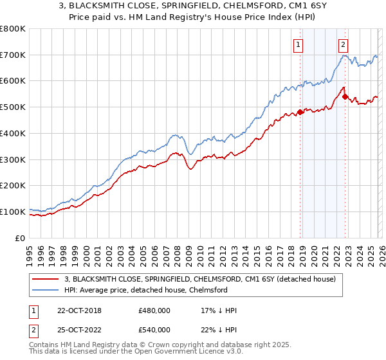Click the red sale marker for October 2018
[300, 113]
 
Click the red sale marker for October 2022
[345, 97]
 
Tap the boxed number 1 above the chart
[300, 44]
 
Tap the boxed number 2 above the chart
[344, 44]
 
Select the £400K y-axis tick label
[13, 134]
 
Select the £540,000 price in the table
[154, 330]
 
